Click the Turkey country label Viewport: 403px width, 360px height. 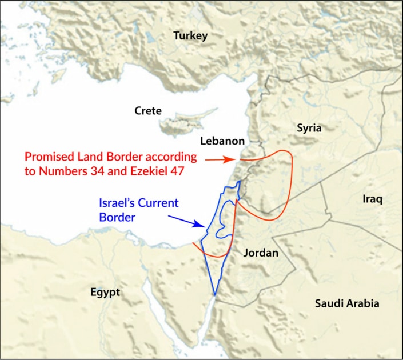click(190, 36)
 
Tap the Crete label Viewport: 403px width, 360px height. click(148, 111)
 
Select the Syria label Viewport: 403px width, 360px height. click(309, 129)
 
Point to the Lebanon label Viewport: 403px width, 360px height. click(222, 141)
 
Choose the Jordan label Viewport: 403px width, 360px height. click(261, 253)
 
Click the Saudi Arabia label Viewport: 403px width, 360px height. click(347, 303)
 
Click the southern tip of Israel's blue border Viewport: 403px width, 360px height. click(214, 294)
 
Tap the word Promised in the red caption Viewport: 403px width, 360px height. click(48, 157)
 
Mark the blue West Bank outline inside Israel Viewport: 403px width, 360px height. click(224, 220)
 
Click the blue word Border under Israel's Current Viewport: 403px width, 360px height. click(117, 217)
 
